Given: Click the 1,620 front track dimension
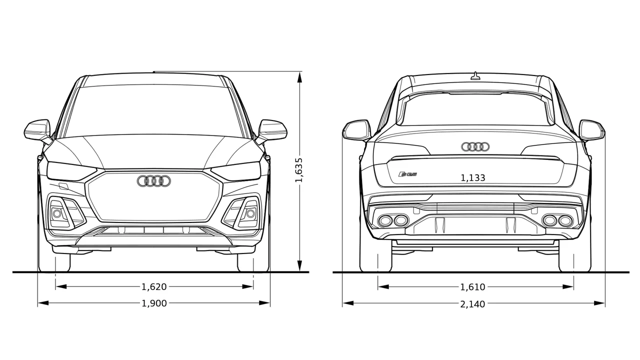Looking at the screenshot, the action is click(x=154, y=286).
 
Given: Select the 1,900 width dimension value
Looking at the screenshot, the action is click(x=154, y=303).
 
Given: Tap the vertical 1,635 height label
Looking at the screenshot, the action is click(x=299, y=170).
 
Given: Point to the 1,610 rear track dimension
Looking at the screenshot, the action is click(x=472, y=287).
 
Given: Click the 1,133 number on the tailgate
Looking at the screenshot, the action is click(x=473, y=178).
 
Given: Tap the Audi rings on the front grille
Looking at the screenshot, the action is click(x=154, y=181).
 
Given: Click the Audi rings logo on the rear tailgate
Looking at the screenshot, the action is click(x=475, y=147).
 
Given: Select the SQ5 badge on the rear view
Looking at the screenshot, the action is click(x=407, y=173).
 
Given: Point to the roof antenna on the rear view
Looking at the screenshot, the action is click(x=475, y=76).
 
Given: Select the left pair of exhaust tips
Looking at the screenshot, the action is click(x=393, y=220).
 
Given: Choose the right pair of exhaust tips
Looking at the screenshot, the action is click(x=557, y=220).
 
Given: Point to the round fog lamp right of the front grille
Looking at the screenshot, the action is click(x=250, y=213).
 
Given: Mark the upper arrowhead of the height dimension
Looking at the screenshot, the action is click(x=299, y=77).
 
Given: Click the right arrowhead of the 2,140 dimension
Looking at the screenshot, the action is click(x=599, y=303).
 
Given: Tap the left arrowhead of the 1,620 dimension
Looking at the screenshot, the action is click(x=61, y=286).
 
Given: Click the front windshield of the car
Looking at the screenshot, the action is click(x=154, y=110).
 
